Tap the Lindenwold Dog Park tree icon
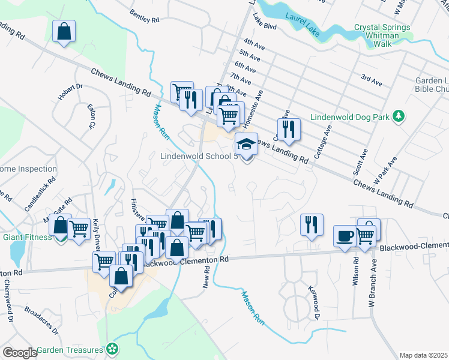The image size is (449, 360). pos(397,116)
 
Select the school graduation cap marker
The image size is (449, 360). pos(246,144)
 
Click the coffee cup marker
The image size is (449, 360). pos(345,236)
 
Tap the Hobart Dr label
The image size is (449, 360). pos(70,92)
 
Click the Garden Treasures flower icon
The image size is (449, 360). pos(112,349)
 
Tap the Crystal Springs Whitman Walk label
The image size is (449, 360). pos(382,31)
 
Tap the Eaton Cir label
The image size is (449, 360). pos(92,118)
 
